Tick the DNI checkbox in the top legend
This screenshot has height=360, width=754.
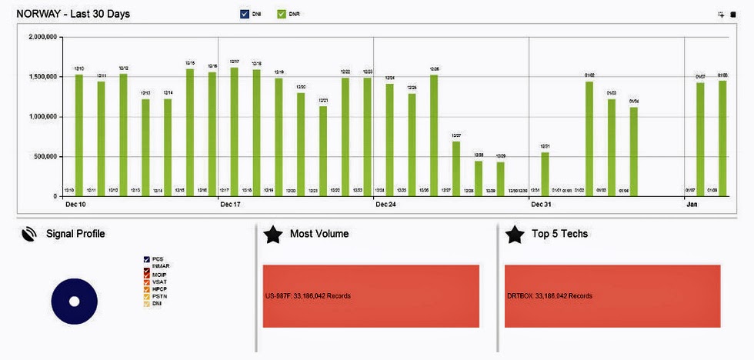pyautogui.click(x=245, y=14)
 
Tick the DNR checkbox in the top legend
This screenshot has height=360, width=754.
pyautogui.click(x=282, y=14)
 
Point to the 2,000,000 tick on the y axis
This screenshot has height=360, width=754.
pyautogui.click(x=48, y=36)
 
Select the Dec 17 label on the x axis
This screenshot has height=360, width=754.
pyautogui.click(x=231, y=205)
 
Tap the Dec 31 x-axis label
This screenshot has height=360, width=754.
pyautogui.click(x=542, y=205)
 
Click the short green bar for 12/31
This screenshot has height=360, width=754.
pyautogui.click(x=545, y=174)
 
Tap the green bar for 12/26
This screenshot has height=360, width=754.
pyautogui.click(x=434, y=135)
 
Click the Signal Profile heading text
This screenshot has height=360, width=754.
pyautogui.click(x=75, y=234)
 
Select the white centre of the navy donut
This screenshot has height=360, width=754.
pyautogui.click(x=75, y=302)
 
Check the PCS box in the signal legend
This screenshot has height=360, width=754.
pyautogui.click(x=146, y=259)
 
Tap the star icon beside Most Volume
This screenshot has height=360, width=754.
pyautogui.click(x=273, y=235)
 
